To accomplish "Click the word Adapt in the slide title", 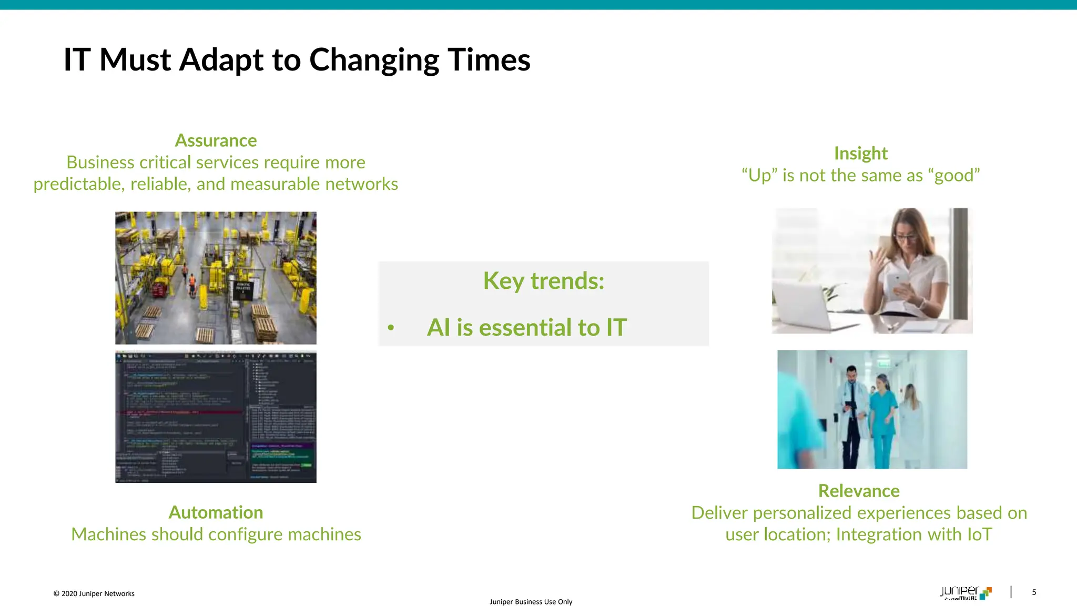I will coord(221,60).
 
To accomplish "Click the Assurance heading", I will coord(216,140).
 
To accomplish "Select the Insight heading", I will coord(860,153).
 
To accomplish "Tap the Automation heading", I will coord(216,512).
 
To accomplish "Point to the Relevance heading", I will coord(859,491).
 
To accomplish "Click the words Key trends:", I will coord(544,281).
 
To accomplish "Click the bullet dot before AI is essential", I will coord(391,328).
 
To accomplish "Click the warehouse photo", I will coord(216,278).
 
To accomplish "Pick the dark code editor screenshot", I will coord(216,417).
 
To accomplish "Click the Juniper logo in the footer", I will coord(965,593).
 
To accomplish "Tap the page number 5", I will coord(1034,592).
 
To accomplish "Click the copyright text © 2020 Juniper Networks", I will coord(94,593).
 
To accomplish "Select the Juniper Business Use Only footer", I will coord(531,602).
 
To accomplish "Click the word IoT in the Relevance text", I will coord(979,534).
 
